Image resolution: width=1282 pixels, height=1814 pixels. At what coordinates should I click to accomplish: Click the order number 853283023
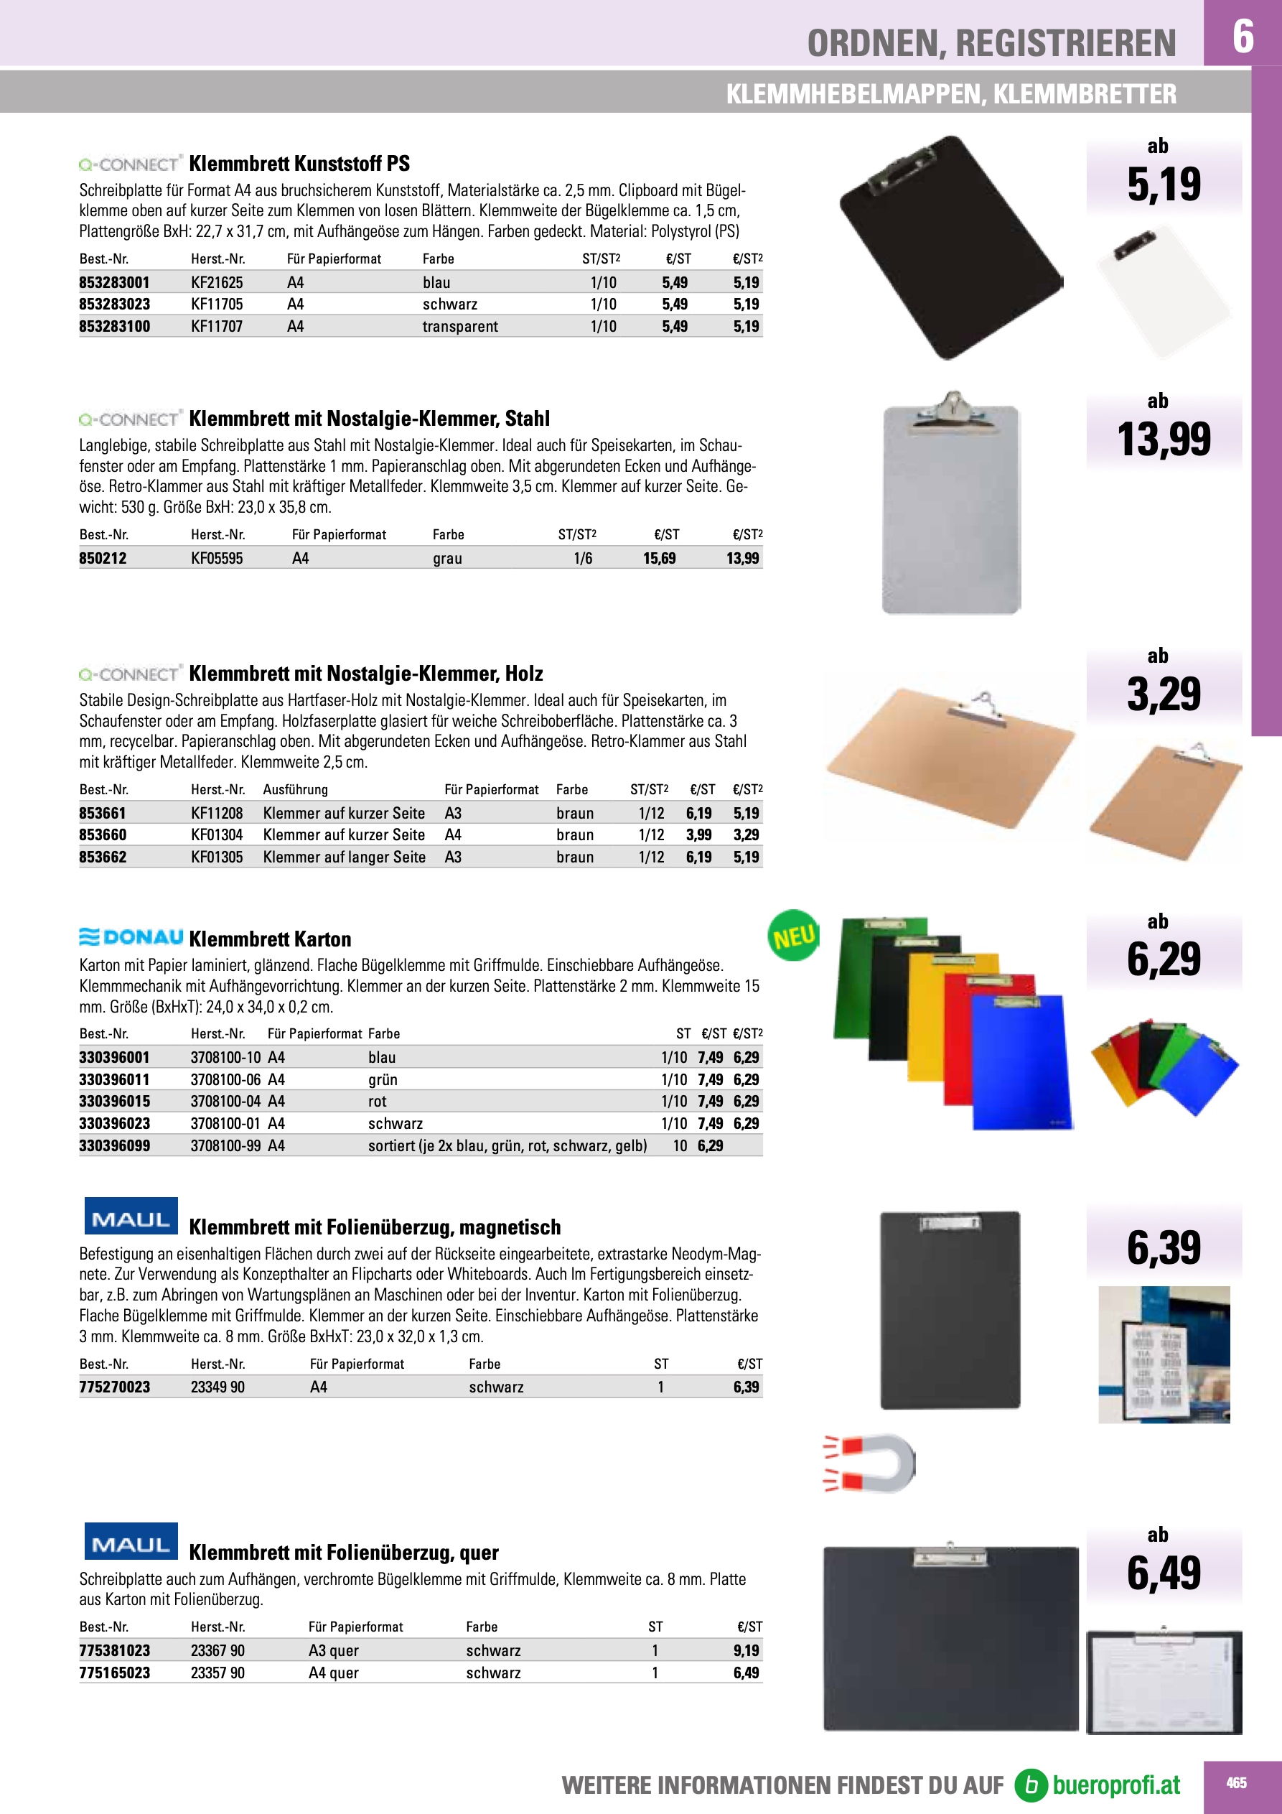[x=115, y=304]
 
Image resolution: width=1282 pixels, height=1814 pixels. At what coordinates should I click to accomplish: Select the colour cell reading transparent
[x=459, y=326]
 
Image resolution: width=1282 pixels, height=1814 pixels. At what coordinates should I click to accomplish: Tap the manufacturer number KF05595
[x=217, y=559]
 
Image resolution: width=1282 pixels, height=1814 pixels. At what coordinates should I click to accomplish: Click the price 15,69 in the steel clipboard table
[x=659, y=559]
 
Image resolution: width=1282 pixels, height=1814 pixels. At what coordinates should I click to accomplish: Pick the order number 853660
[x=103, y=835]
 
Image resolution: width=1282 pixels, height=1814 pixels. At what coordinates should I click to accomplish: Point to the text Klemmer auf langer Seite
[x=344, y=857]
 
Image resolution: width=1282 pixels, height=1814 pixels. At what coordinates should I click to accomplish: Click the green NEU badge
[x=793, y=936]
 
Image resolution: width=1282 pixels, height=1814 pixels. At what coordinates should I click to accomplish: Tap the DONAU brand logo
[x=131, y=937]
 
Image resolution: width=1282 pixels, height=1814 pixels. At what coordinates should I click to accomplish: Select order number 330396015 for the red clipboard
[x=115, y=1102]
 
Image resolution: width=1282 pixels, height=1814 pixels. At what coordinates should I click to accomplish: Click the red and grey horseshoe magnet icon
[x=870, y=1464]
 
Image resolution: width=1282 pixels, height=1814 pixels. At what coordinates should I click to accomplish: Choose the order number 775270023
[x=115, y=1387]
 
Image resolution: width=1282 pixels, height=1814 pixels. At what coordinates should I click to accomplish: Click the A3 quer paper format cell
[x=333, y=1650]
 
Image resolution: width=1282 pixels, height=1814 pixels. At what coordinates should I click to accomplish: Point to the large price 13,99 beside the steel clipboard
[x=1163, y=440]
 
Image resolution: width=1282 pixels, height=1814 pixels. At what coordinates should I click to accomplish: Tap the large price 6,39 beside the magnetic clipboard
[x=1164, y=1248]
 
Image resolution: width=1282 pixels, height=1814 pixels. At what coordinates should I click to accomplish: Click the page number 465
[x=1236, y=1783]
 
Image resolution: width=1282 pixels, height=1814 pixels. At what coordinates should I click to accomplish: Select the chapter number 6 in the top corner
[x=1243, y=36]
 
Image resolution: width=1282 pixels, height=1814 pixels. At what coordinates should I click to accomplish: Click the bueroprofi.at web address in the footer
[x=1115, y=1785]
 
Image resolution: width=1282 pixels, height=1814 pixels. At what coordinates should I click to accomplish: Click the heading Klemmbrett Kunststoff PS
[x=299, y=164]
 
